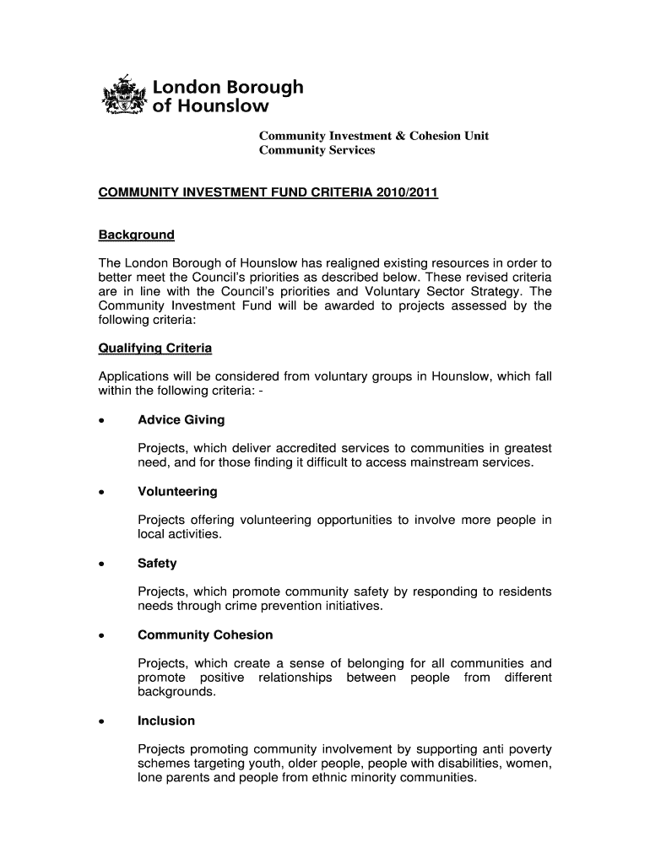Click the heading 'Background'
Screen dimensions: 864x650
point(137,235)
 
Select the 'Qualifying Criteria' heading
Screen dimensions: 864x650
point(155,348)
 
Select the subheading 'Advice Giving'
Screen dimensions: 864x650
point(181,420)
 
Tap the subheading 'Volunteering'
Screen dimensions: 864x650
point(177,492)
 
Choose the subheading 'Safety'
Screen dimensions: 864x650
point(157,564)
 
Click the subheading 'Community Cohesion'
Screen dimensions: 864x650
point(205,635)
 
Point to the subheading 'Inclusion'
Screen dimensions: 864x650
point(166,721)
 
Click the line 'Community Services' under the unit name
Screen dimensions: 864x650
point(317,151)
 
